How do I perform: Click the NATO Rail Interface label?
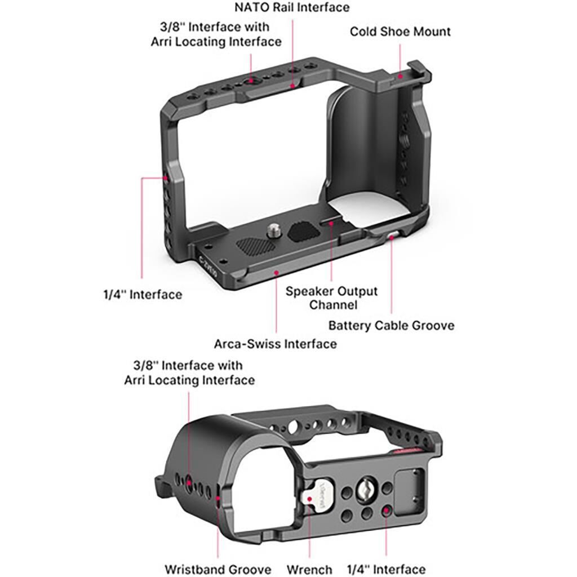(291, 7)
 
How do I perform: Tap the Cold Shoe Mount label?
(400, 31)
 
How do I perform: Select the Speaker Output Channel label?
(331, 298)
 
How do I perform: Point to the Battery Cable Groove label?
(391, 325)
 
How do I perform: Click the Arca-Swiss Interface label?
(275, 343)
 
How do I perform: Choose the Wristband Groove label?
(218, 569)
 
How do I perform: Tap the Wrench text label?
(309, 569)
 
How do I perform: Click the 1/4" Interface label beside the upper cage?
(142, 294)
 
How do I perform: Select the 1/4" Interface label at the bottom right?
(386, 569)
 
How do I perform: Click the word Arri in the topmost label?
(164, 42)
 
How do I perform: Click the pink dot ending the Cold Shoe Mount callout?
(400, 75)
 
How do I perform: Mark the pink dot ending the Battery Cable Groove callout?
(392, 238)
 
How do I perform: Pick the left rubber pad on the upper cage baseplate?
(254, 246)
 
